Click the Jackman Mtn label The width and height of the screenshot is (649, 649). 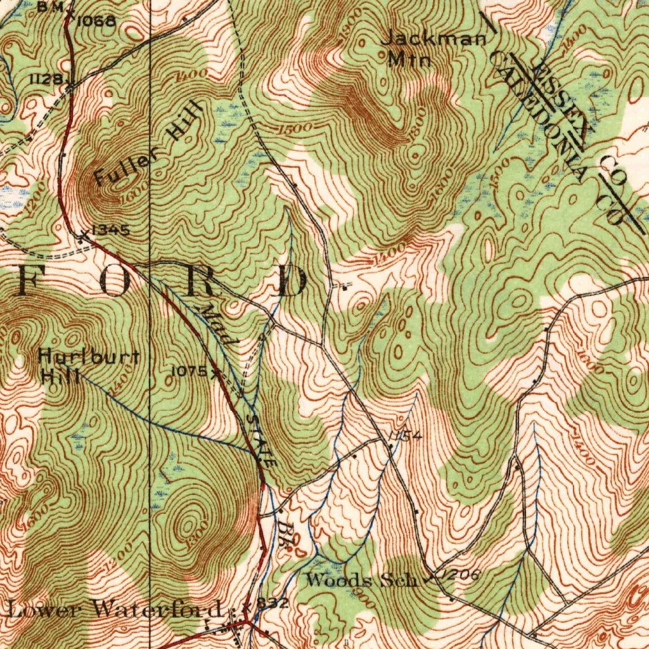434,49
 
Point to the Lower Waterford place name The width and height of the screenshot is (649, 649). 115,610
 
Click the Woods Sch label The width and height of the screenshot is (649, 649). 361,579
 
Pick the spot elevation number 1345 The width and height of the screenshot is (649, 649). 112,230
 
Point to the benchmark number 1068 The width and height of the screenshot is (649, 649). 97,21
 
